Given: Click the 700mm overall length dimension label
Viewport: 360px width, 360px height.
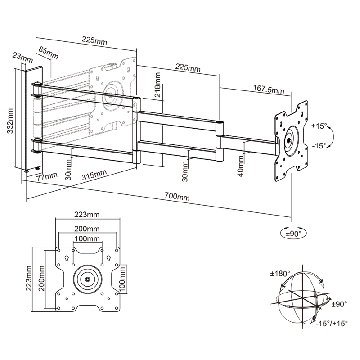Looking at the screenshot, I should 177,197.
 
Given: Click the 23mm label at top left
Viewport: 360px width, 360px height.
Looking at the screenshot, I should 22,57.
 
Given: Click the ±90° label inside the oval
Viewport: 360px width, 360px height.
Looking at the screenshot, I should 293,233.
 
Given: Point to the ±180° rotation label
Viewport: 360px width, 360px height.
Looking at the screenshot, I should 280,273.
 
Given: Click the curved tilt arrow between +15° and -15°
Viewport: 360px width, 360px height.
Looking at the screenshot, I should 330,136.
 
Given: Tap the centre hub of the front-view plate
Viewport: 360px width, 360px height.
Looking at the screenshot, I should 86,279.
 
